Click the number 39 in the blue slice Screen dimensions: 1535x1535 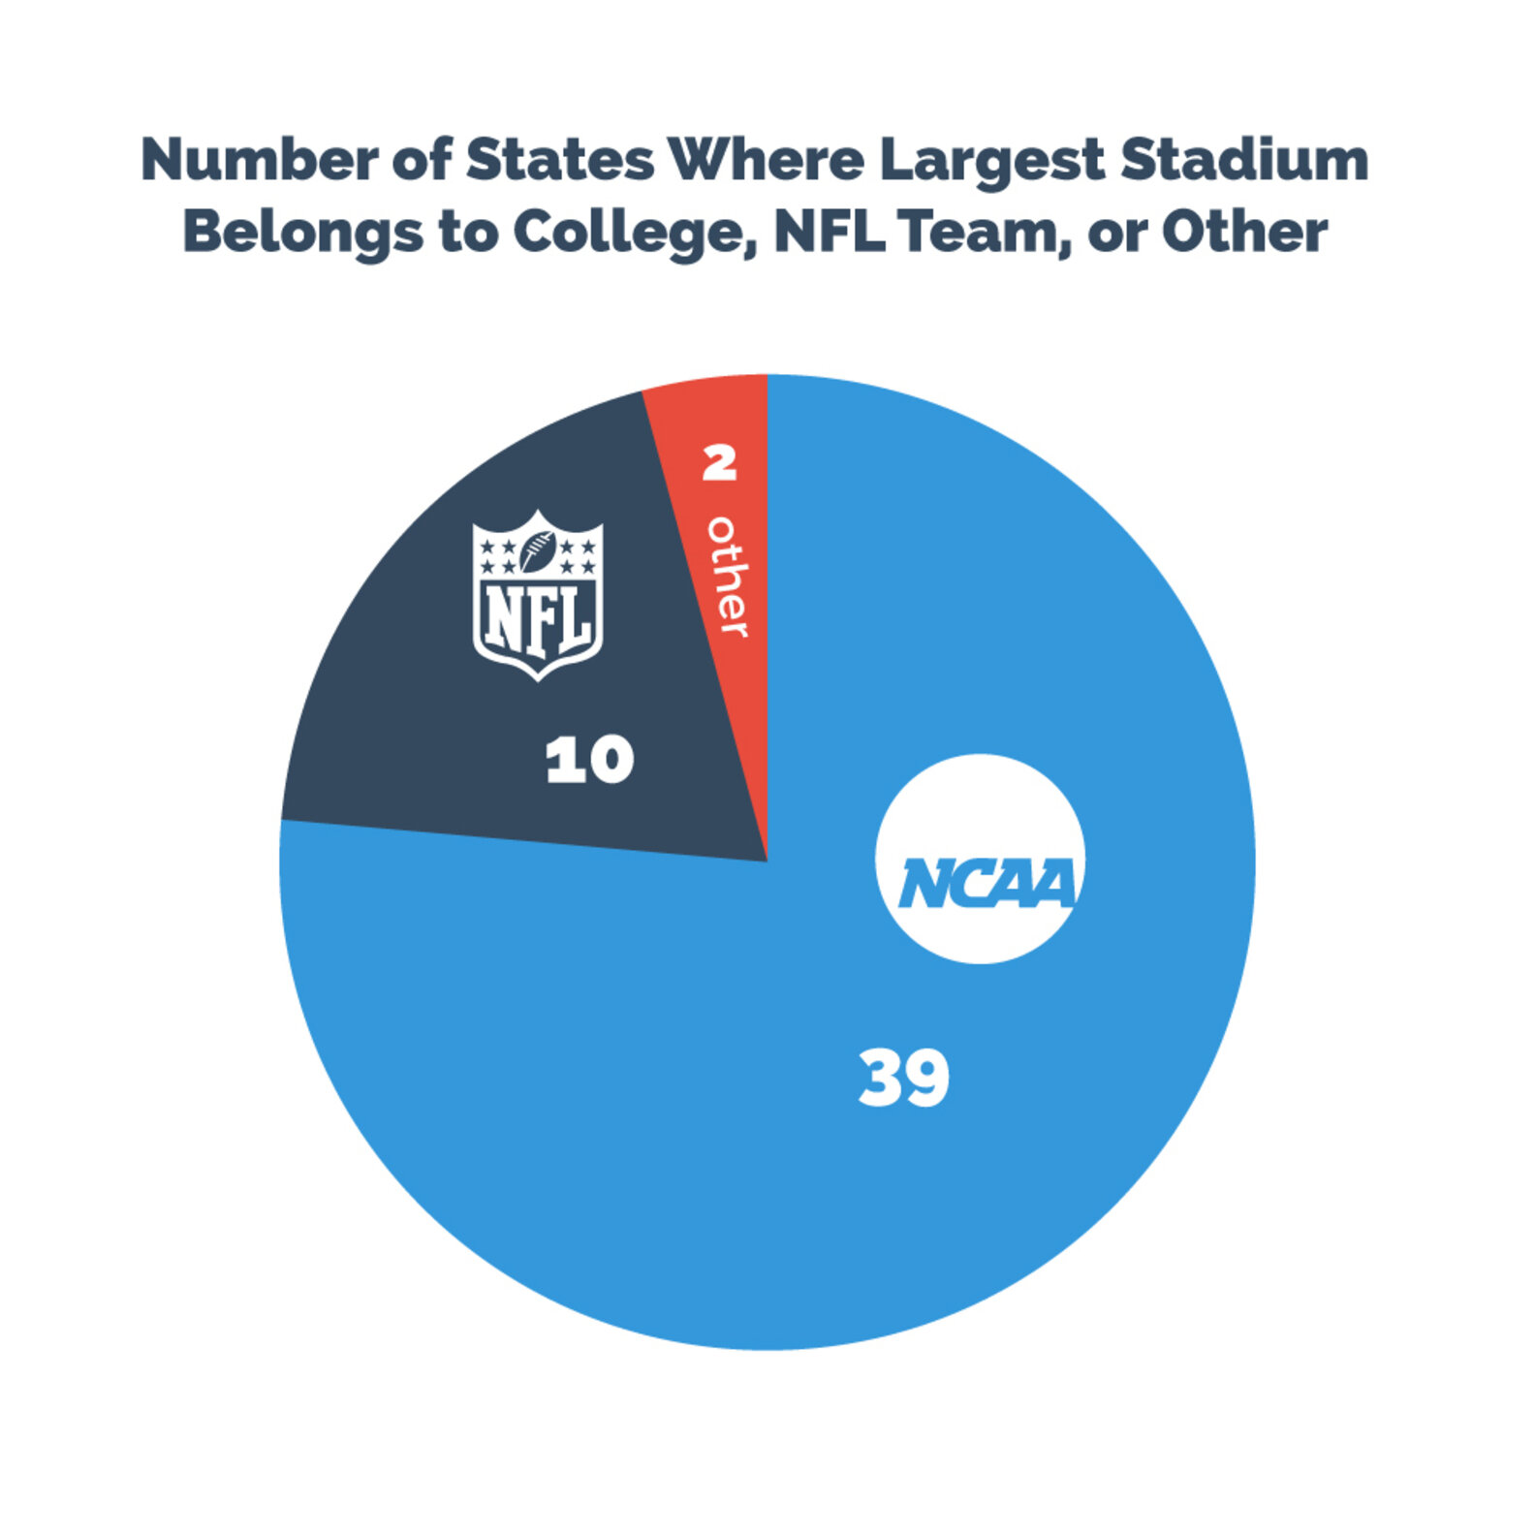coord(903,1078)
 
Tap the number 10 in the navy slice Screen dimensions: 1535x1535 coord(589,760)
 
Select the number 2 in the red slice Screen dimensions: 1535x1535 coord(719,463)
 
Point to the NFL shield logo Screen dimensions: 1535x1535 coord(538,596)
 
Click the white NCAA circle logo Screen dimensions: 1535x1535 coord(980,859)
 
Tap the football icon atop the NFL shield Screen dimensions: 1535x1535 coord(538,550)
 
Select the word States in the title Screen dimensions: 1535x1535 coord(560,160)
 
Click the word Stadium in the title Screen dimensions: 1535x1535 coord(1244,160)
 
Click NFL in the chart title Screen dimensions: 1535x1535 coord(830,232)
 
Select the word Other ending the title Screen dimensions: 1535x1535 coord(1244,232)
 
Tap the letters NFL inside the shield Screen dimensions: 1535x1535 coord(538,619)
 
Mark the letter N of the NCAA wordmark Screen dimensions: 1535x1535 coord(924,884)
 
